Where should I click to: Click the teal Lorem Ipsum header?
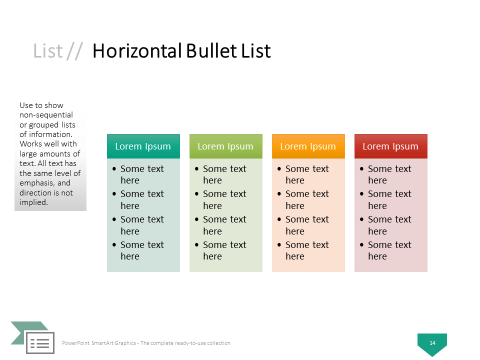(143, 146)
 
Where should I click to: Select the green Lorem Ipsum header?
(226, 146)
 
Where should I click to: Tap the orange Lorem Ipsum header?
(308, 146)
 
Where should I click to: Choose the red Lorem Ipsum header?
(391, 146)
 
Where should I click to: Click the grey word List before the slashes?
(48, 51)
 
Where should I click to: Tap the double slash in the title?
(74, 51)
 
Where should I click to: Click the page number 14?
(432, 343)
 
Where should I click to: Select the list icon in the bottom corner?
(40, 342)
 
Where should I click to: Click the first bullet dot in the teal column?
(114, 168)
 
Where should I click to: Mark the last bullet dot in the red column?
(362, 244)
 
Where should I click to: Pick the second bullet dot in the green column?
(197, 194)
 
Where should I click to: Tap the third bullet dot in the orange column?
(279, 219)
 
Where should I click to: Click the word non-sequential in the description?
(46, 115)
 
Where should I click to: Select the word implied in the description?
(33, 202)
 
